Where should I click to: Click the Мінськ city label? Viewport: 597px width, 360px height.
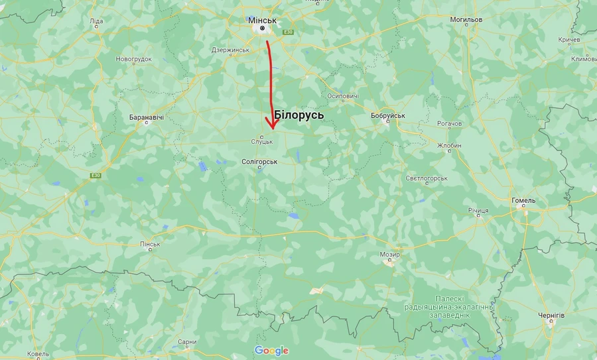(x=263, y=20)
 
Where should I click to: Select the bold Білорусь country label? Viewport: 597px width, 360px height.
(x=298, y=115)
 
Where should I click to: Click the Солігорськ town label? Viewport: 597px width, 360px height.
(x=259, y=161)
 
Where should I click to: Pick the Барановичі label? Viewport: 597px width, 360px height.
(x=146, y=117)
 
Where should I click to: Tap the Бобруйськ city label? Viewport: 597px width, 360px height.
(x=388, y=116)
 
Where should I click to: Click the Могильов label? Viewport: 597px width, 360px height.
(x=466, y=19)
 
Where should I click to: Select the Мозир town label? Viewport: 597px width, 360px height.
(x=389, y=255)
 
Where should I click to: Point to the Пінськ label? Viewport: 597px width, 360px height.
(x=150, y=244)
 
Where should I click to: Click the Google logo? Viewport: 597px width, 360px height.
(x=271, y=350)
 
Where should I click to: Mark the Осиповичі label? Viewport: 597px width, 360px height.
(x=343, y=96)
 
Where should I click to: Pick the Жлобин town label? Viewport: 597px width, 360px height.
(x=449, y=145)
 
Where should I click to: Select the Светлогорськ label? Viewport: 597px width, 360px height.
(x=427, y=178)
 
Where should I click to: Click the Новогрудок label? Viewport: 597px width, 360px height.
(x=134, y=59)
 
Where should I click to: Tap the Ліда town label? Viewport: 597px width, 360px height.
(x=96, y=21)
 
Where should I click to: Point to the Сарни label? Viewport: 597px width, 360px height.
(x=187, y=342)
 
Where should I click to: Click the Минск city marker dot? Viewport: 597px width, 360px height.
(x=263, y=29)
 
